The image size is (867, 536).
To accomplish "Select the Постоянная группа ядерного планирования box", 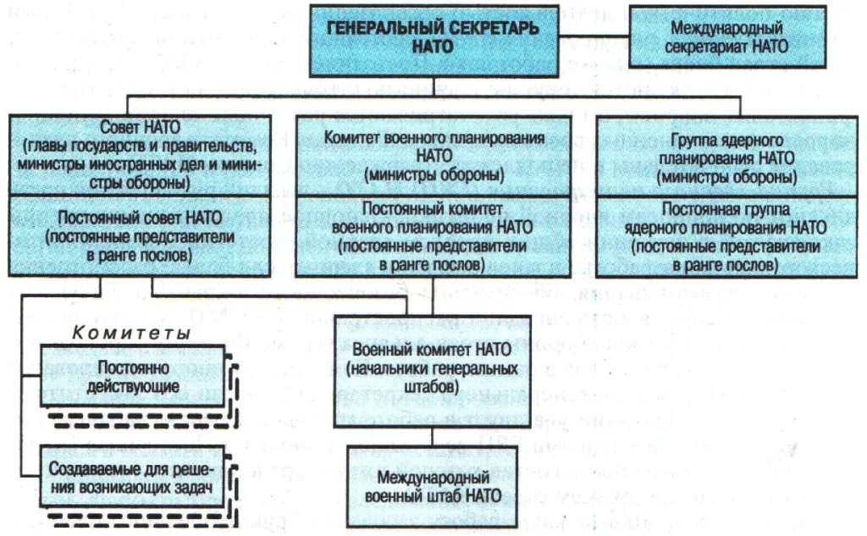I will tap(729, 236).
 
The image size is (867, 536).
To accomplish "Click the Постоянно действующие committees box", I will tap(132, 378).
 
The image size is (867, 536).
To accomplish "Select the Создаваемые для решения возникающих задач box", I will tap(132, 478).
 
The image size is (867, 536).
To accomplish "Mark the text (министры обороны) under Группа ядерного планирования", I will tap(729, 177).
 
